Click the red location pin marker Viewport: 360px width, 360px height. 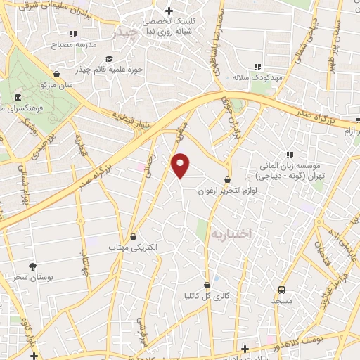pos(181,165)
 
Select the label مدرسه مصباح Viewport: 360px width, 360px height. pos(72,44)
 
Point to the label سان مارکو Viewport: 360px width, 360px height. pos(56,84)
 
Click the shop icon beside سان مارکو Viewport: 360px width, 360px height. pos(56,73)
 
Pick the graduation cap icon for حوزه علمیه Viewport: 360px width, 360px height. pos(109,58)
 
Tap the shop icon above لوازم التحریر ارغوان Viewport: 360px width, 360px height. pos(226,180)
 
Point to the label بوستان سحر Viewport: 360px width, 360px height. pos(32,277)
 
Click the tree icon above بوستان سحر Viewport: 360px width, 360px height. pos(32,266)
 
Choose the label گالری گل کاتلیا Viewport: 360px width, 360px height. pos(207,296)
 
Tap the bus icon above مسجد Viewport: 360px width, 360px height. pos(282,290)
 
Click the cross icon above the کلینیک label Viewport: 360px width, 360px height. pos(168,11)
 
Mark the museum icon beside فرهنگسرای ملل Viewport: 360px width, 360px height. pos(17,98)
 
